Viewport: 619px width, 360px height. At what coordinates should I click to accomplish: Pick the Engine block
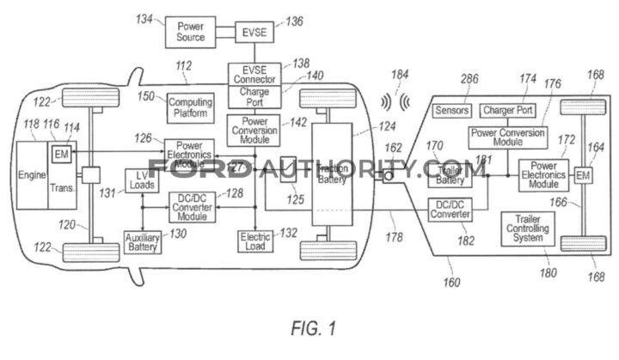[32, 176]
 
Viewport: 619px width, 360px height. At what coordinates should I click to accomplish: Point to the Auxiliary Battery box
[143, 241]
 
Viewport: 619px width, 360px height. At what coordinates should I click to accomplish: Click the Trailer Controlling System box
[529, 228]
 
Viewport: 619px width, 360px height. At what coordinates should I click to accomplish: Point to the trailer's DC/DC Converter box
[450, 209]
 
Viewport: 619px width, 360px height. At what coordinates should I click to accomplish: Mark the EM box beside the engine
[60, 153]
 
